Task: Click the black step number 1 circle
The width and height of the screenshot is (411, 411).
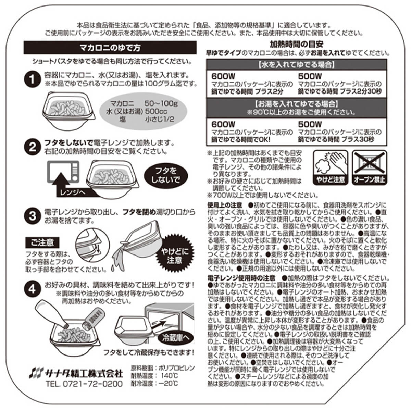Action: [33, 79]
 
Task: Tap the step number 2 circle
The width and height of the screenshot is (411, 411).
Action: [33, 147]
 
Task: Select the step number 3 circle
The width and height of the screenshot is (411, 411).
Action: [33, 216]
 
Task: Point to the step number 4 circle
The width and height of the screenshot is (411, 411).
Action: [33, 289]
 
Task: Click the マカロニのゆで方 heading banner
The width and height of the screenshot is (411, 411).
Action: [110, 48]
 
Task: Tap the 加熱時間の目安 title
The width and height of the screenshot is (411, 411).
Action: [297, 44]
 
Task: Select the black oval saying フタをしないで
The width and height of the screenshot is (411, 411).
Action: [166, 176]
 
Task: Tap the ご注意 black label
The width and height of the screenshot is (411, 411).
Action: [42, 243]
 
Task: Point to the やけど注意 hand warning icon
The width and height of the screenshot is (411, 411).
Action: [331, 167]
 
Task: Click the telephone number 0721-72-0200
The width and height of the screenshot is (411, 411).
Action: [92, 384]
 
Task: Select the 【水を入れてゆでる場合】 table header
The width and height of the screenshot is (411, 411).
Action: [297, 65]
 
